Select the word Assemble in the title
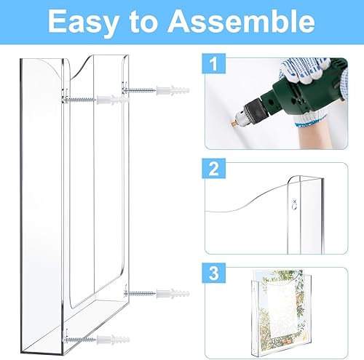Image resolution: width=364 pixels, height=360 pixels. coord(242,23)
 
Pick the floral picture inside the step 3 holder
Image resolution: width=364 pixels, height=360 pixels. coord(280,305)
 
